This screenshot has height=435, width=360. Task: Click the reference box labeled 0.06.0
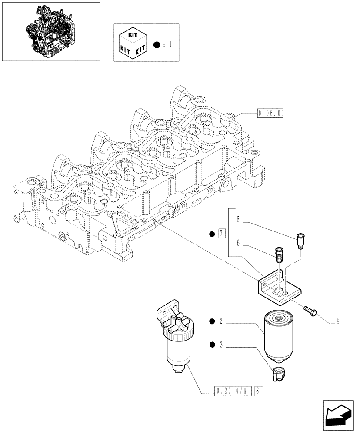[x=270, y=114]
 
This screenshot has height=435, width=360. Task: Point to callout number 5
[x=238, y=220]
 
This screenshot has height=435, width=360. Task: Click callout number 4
[x=337, y=322]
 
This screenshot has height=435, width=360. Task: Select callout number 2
[x=221, y=322]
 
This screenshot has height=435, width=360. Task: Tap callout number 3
[x=221, y=345]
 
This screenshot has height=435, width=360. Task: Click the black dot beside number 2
[x=211, y=322]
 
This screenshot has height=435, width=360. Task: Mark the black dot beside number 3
[x=211, y=345]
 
